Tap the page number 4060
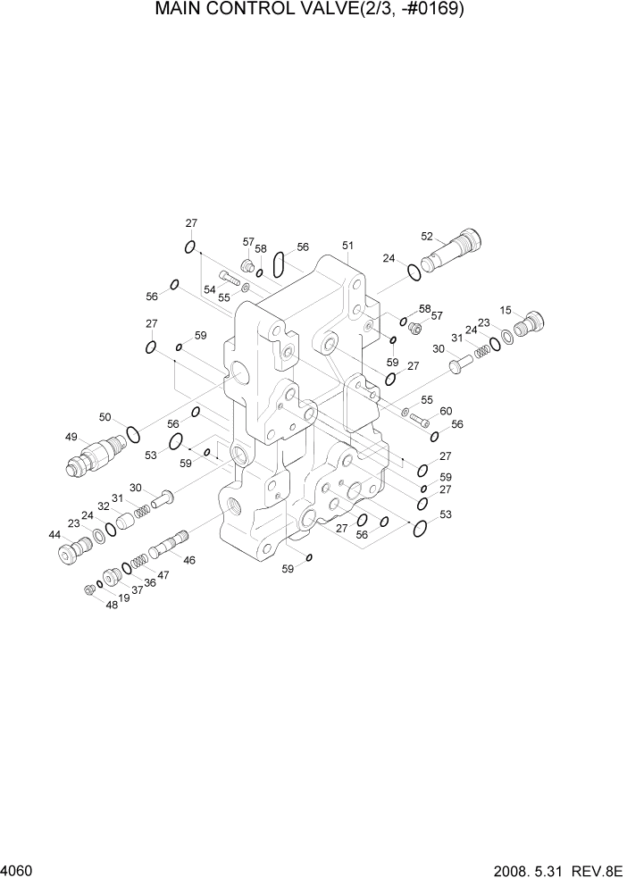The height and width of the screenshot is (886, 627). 18,870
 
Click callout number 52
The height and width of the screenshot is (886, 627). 427,237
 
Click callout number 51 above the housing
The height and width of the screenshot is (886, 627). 347,246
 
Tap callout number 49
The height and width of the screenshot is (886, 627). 71,437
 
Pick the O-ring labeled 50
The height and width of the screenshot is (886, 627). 133,435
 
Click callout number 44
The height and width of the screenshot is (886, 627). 54,534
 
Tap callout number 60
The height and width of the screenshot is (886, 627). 447,411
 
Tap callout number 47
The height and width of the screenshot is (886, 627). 163,576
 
